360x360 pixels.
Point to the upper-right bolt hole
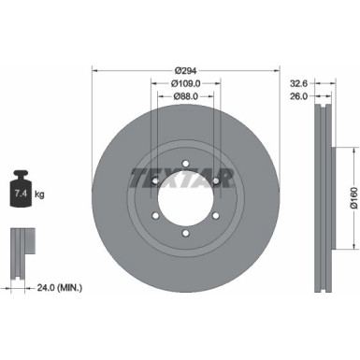[x=217, y=179]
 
